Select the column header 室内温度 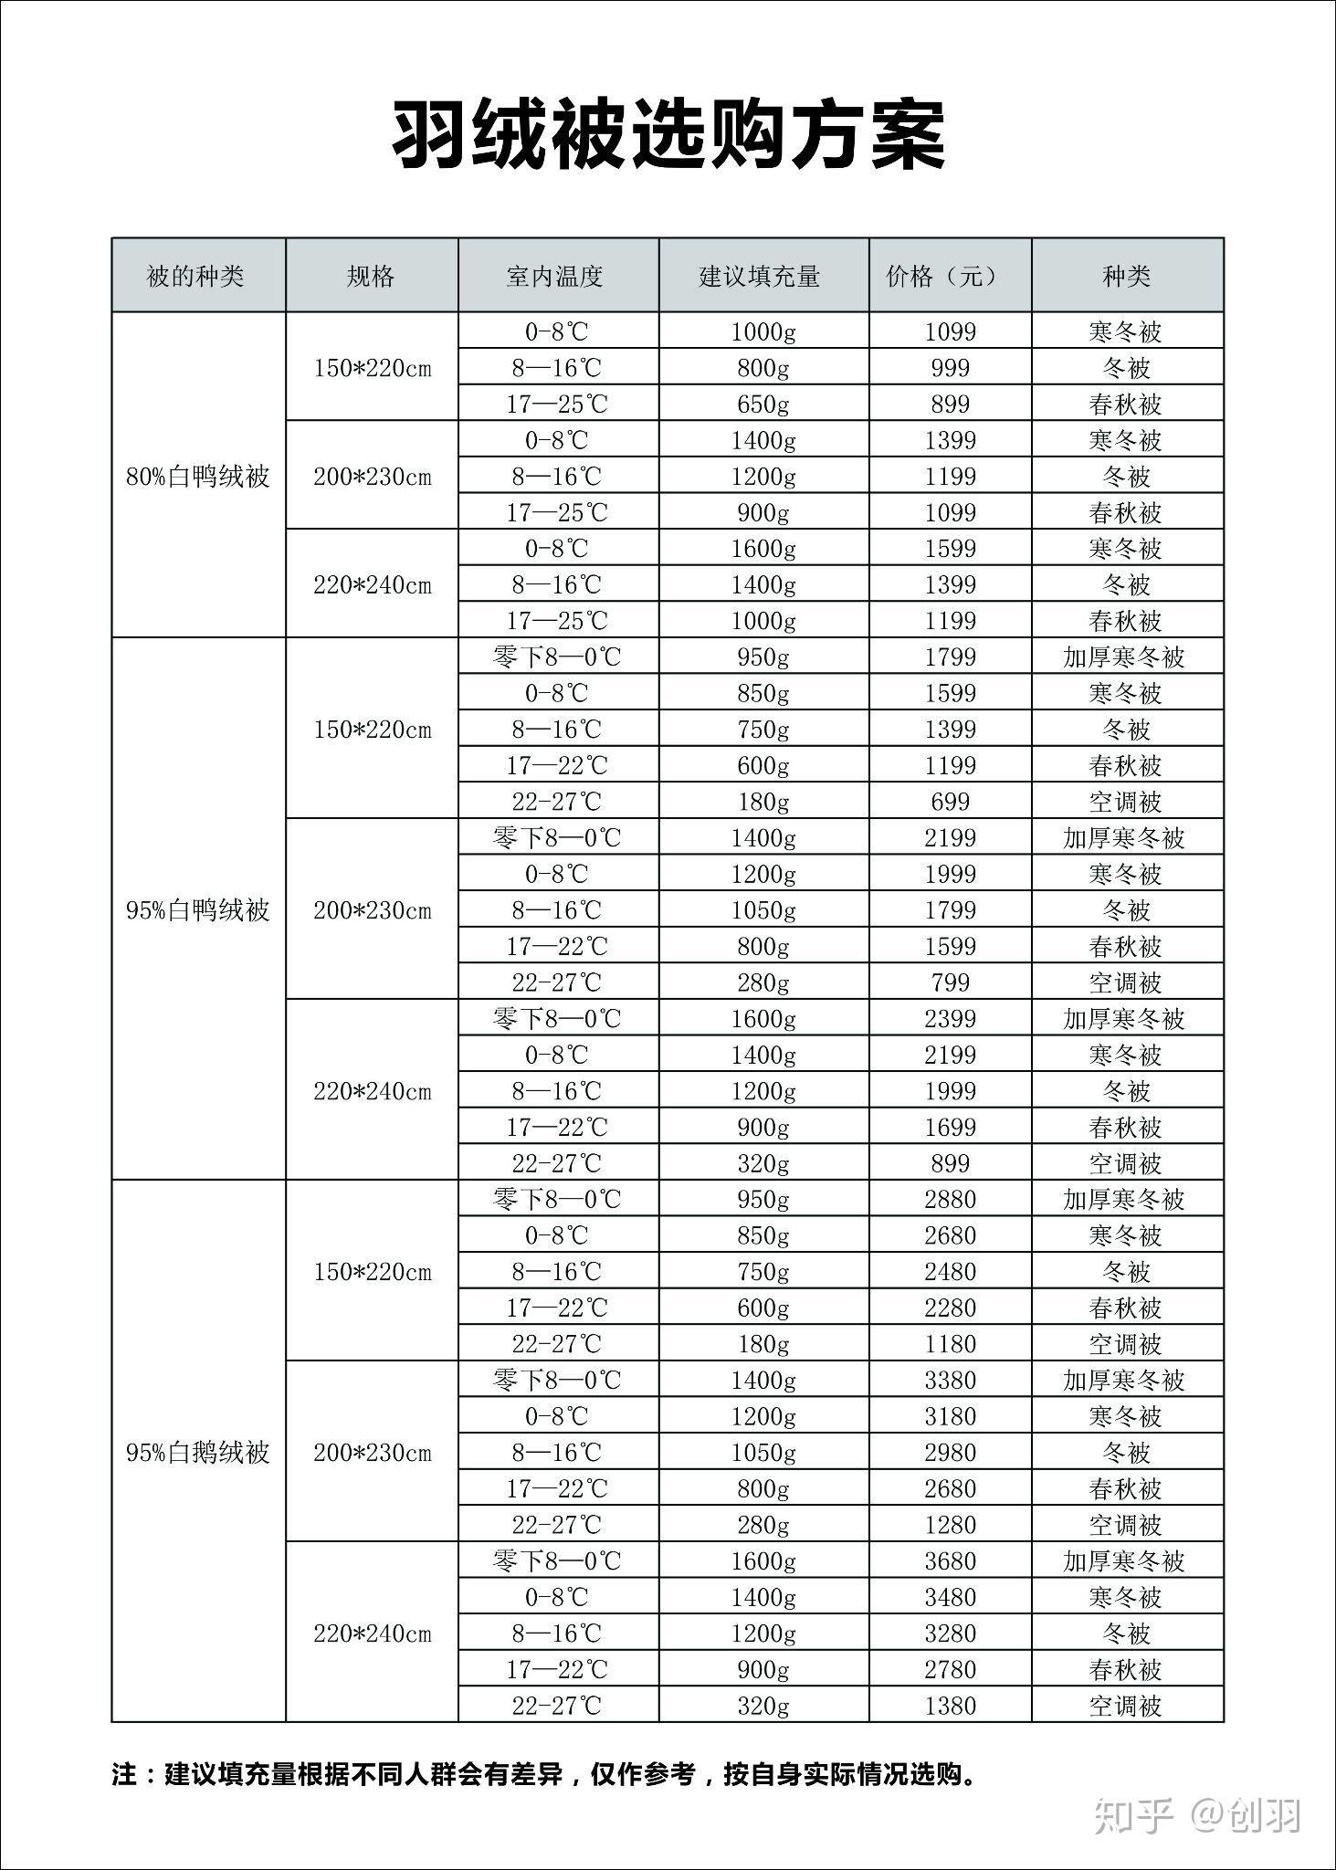(x=555, y=276)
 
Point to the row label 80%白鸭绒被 (x=198, y=477)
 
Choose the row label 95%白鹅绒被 (x=198, y=1453)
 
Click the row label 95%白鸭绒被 (x=198, y=910)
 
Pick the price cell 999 (x=950, y=368)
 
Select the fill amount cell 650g (x=763, y=404)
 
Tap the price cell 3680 (x=950, y=1561)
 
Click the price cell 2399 (x=950, y=1019)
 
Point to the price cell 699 (x=950, y=802)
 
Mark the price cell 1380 (x=950, y=1706)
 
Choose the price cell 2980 (x=950, y=1453)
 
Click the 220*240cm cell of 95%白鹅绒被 (x=373, y=1634)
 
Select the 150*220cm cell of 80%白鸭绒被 (x=373, y=369)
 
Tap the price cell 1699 (x=950, y=1128)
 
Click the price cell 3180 (x=950, y=1416)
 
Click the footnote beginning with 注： (x=544, y=1775)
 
